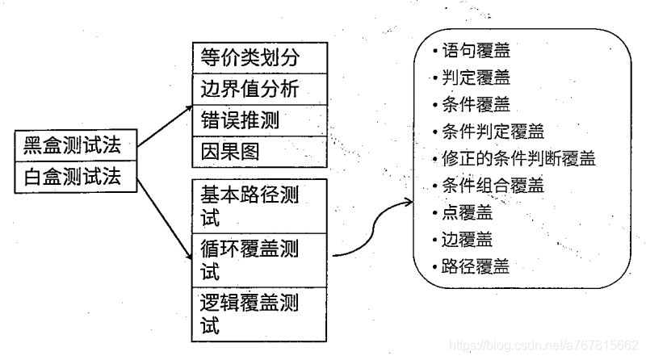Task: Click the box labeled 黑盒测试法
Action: pyautogui.click(x=75, y=146)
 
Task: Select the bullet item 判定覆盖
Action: pyautogui.click(x=476, y=78)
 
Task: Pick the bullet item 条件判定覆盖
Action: pyautogui.click(x=493, y=132)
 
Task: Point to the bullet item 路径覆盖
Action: pyautogui.click(x=476, y=267)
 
